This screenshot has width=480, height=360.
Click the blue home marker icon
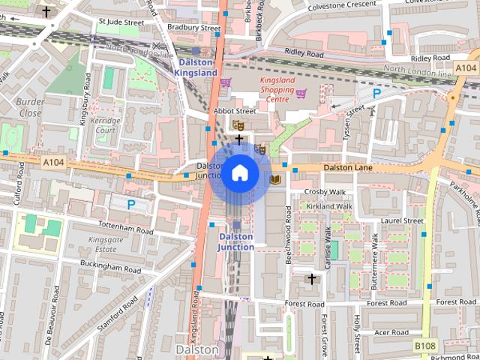(x=239, y=173)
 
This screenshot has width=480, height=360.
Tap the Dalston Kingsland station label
(x=195, y=68)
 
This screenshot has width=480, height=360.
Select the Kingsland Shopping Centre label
(x=277, y=88)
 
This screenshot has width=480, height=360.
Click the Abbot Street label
(x=235, y=110)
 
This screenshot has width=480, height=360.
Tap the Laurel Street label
(x=402, y=220)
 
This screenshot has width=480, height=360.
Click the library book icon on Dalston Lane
(x=275, y=178)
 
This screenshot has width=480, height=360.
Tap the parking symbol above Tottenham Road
(x=131, y=203)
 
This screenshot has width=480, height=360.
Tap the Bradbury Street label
(x=193, y=27)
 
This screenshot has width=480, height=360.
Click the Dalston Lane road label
(x=347, y=168)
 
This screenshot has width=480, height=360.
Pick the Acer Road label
(x=391, y=332)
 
